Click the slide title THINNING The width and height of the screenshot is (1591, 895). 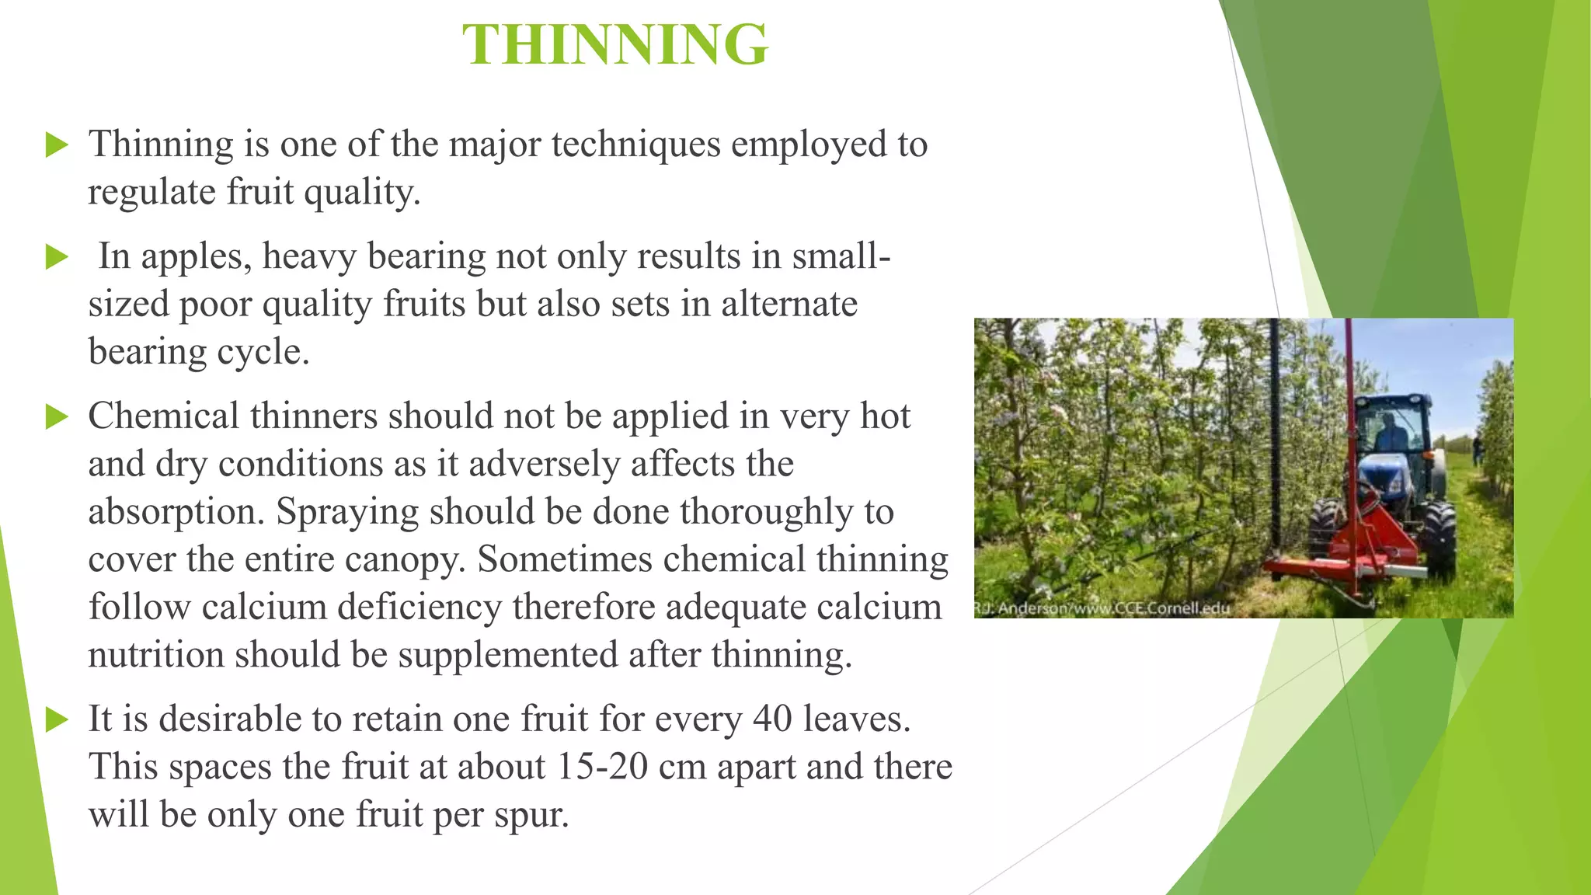(615, 44)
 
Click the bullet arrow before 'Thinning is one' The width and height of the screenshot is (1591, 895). (57, 145)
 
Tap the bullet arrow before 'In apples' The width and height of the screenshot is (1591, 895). (57, 256)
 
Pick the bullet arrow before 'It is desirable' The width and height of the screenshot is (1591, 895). (57, 719)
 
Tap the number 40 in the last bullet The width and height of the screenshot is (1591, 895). (771, 719)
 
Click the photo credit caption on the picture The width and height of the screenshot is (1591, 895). (1102, 608)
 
